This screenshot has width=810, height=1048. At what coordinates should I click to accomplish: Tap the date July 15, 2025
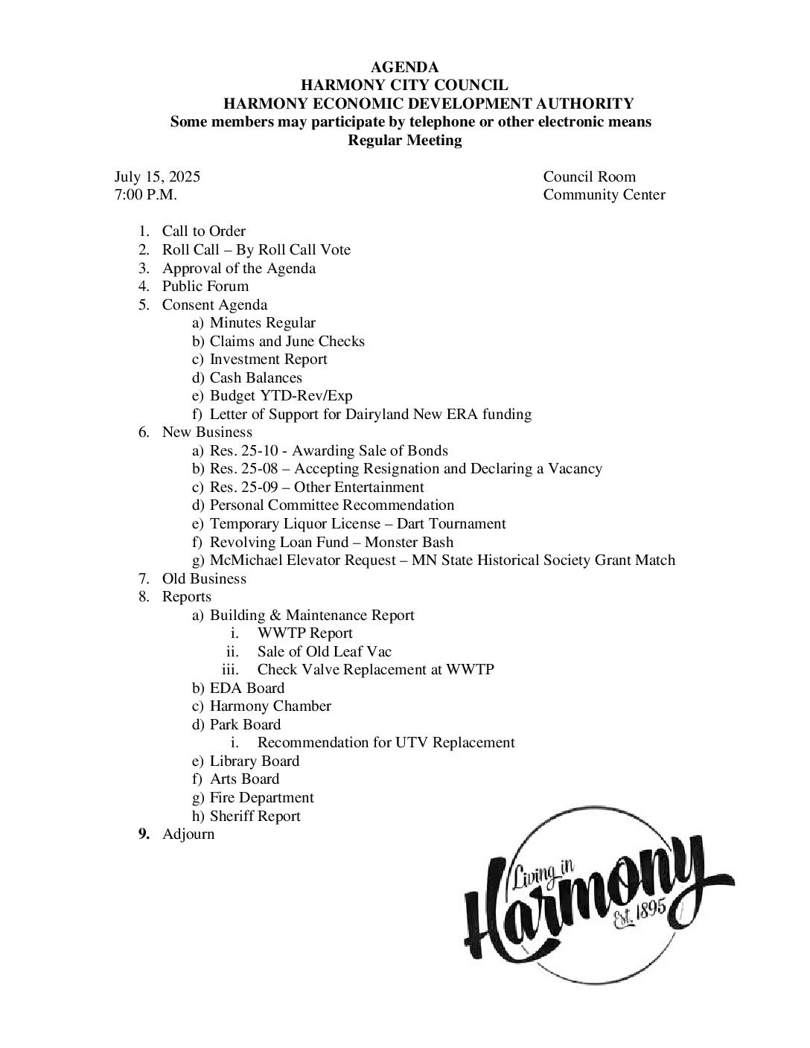click(x=157, y=177)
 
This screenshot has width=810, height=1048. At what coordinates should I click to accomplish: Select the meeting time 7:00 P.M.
click(x=146, y=195)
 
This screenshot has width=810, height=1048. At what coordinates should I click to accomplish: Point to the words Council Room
click(x=589, y=177)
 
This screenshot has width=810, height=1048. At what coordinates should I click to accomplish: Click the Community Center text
click(x=604, y=195)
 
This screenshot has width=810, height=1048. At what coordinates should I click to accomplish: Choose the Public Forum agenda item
click(x=205, y=287)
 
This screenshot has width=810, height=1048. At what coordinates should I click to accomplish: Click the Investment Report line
click(x=268, y=360)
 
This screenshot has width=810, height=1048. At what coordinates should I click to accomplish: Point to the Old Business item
click(x=204, y=579)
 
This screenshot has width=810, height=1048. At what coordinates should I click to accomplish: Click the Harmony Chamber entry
click(x=270, y=706)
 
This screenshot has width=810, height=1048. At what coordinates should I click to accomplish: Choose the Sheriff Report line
click(x=255, y=817)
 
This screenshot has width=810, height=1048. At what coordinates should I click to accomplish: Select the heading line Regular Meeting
click(x=404, y=141)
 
